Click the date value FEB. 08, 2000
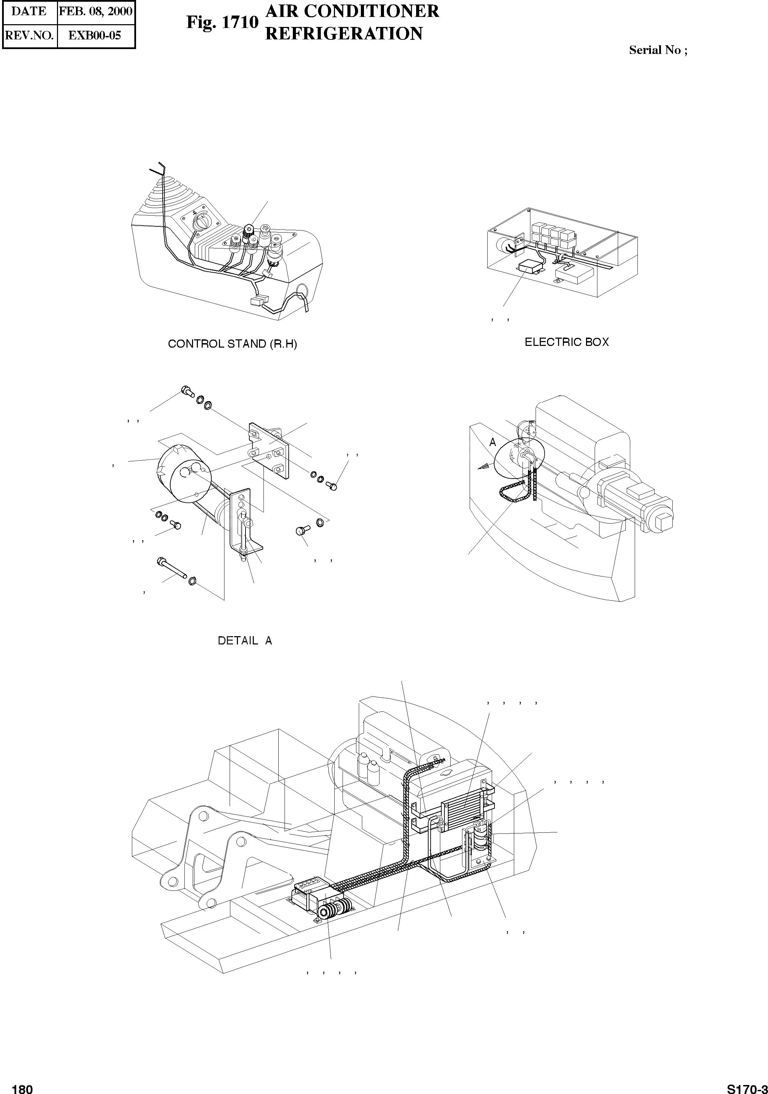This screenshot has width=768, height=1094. tap(95, 11)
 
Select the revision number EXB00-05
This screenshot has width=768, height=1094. tap(95, 35)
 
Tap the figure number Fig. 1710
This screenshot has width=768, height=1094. tap(222, 22)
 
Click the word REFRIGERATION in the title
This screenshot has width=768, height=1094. tap(343, 34)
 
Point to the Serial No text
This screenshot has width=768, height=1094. tap(657, 50)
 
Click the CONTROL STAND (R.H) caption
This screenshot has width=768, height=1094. tap(232, 344)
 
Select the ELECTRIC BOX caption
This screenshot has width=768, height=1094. tap(567, 342)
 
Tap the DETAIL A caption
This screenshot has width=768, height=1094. tap(245, 641)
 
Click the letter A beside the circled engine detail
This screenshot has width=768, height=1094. tap(493, 443)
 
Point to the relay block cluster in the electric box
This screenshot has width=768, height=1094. tap(552, 234)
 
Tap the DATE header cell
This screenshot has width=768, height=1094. tap(29, 11)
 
